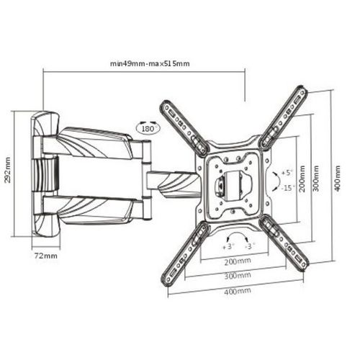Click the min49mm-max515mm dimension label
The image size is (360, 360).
pyautogui.click(x=150, y=64)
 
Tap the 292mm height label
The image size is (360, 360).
pyautogui.click(x=8, y=170)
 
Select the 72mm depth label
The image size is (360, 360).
pyautogui.click(x=46, y=256)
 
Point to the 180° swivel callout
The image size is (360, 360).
pyautogui.click(x=148, y=128)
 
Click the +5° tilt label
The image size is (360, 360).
pyautogui.click(x=287, y=173)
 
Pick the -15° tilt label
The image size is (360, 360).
pyautogui.click(x=287, y=188)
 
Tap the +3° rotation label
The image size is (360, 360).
pyautogui.click(x=228, y=247)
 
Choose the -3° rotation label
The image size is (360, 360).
pyautogui.click(x=250, y=246)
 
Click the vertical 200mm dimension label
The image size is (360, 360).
pyautogui.click(x=302, y=179)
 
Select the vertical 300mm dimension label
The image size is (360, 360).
pyautogui.click(x=316, y=178)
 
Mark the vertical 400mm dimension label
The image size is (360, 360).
pyautogui.click(x=338, y=178)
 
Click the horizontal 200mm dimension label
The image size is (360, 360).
pyautogui.click(x=238, y=261)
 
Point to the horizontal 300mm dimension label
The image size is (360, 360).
pyautogui.click(x=238, y=276)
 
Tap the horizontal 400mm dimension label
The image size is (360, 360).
pyautogui.click(x=238, y=292)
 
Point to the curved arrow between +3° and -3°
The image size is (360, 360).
pyautogui.click(x=238, y=235)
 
